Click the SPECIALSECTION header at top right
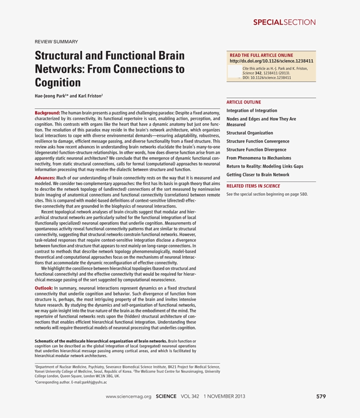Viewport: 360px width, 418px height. click(284, 22)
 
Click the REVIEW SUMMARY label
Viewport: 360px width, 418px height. click(56, 42)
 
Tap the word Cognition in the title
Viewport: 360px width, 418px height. click(58, 82)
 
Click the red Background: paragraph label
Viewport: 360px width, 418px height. click(47, 113)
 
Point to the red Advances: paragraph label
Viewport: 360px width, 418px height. click(45, 178)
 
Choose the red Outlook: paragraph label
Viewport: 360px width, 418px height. click(43, 288)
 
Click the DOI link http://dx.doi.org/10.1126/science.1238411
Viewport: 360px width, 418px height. click(271, 61)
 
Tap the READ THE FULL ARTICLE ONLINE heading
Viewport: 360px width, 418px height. click(261, 55)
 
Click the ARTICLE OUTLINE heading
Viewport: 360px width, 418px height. click(244, 102)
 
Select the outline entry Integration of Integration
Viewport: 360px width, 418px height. click(252, 111)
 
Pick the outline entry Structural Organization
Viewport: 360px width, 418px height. click(249, 133)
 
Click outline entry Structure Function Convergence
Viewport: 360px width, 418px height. click(258, 141)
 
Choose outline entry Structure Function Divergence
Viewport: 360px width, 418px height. click(256, 150)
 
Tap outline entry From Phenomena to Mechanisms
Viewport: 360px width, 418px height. click(259, 158)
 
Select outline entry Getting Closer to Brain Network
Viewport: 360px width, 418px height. click(258, 175)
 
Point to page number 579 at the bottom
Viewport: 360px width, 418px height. click(321, 397)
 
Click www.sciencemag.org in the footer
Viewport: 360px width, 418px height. click(129, 397)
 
